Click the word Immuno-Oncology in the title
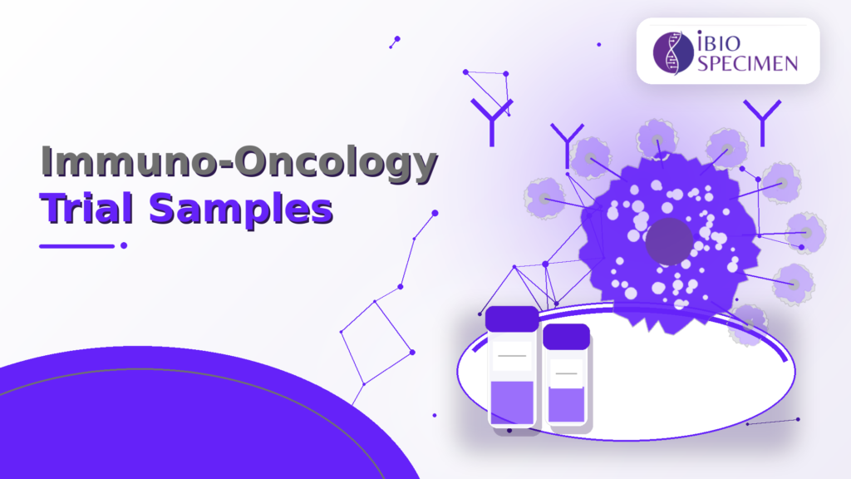pos(239,162)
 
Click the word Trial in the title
pos(86,209)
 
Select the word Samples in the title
pos(241,210)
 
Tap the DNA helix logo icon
pos(673,52)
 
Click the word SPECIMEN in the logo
pos(747,63)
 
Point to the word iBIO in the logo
pos(719,42)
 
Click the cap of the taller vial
pos(512,319)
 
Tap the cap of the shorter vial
pos(566,337)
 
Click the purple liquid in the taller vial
pos(512,402)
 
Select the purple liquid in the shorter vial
pos(566,404)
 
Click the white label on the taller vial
pos(512,356)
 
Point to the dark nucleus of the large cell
pos(669,241)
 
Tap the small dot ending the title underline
pos(124,245)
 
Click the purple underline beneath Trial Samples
pos(77,246)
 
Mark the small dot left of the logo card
pos(598,45)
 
